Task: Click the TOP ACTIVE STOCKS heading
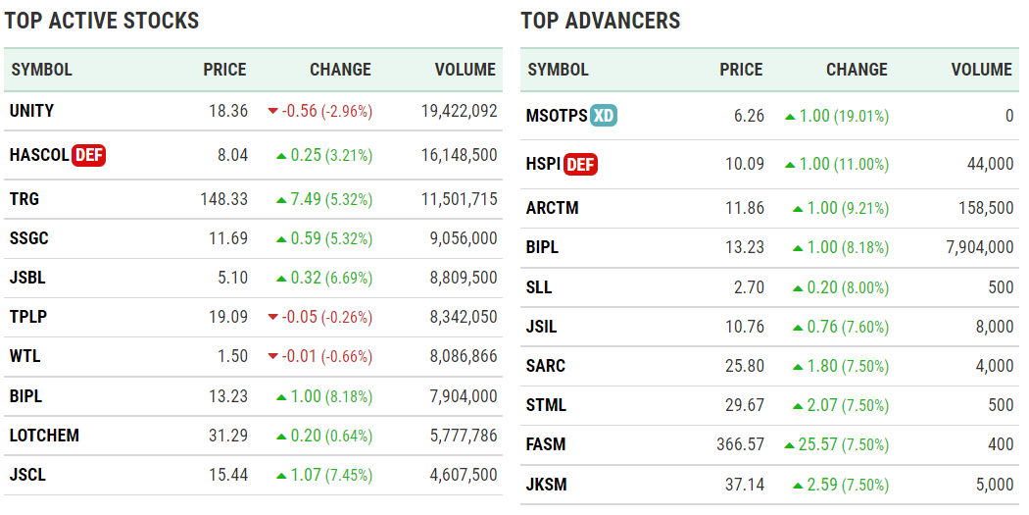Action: click(102, 21)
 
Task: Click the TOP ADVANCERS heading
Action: click(600, 21)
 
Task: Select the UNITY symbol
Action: click(31, 111)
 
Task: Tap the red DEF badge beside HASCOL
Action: click(88, 155)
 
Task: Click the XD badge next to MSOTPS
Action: click(604, 116)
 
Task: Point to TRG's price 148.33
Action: click(223, 199)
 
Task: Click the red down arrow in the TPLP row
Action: click(272, 317)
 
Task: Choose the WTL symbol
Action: click(25, 356)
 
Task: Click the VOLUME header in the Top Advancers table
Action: click(981, 70)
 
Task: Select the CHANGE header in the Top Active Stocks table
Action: click(340, 70)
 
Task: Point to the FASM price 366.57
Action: click(740, 445)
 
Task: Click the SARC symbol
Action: click(546, 366)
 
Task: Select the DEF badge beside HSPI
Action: click(580, 165)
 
